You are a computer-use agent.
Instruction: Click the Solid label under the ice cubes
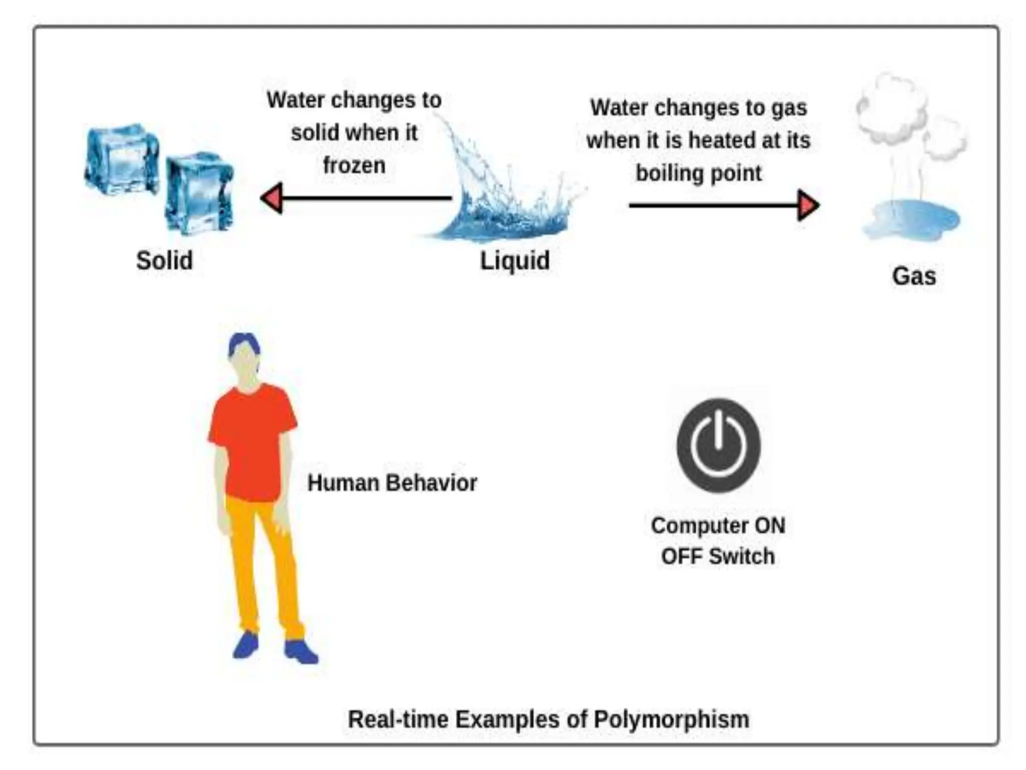coord(164,261)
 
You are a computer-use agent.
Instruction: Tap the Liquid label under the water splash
coord(515,261)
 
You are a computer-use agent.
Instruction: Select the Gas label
coord(914,276)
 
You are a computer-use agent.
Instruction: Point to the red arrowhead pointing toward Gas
coord(808,205)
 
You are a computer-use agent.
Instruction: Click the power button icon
coord(718,445)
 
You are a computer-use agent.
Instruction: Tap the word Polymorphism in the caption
coord(671,719)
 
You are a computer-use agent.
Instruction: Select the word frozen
coord(354,165)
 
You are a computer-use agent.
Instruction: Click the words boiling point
coord(698,173)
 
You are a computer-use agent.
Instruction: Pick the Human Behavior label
coord(392,483)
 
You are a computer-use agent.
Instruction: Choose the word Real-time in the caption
coord(398,719)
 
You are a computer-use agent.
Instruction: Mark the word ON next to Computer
coord(770,526)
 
